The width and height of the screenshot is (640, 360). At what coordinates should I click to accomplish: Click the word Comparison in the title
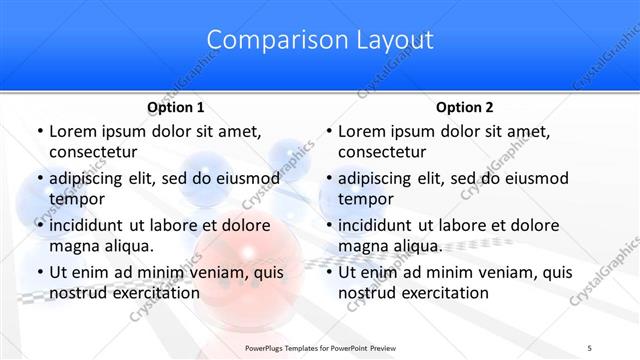(x=268, y=41)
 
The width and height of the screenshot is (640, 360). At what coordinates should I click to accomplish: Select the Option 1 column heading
(x=176, y=108)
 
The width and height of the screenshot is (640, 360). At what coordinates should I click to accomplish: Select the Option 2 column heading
(x=465, y=108)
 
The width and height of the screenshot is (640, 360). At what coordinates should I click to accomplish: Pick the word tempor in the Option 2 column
(x=366, y=198)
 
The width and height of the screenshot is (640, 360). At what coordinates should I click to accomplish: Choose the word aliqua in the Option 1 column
(x=129, y=245)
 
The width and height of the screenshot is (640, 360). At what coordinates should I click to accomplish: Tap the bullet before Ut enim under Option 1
(x=38, y=272)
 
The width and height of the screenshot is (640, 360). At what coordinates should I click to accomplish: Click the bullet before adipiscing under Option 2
(x=327, y=179)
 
